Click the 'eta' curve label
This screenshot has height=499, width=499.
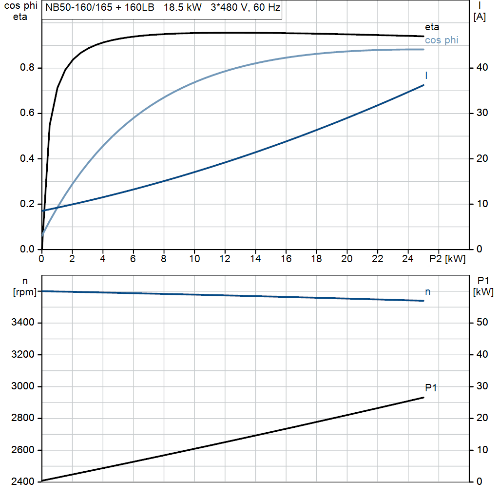coord(432,27)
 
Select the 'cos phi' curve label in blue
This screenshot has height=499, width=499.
coord(441,40)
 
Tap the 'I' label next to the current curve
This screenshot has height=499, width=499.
coord(426,76)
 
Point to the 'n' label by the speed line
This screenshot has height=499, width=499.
coord(428,292)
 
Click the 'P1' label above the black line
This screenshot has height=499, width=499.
coord(431,388)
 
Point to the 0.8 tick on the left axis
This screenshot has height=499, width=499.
coord(27,68)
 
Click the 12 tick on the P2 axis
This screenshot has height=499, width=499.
coord(225,259)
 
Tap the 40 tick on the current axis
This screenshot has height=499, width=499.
coord(481,68)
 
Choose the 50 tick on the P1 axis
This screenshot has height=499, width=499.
coord(481,323)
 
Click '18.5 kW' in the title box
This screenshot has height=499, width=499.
coord(183,8)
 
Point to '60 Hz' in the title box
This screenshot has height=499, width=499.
coord(267,8)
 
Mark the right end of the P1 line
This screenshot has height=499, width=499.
coord(423,398)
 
